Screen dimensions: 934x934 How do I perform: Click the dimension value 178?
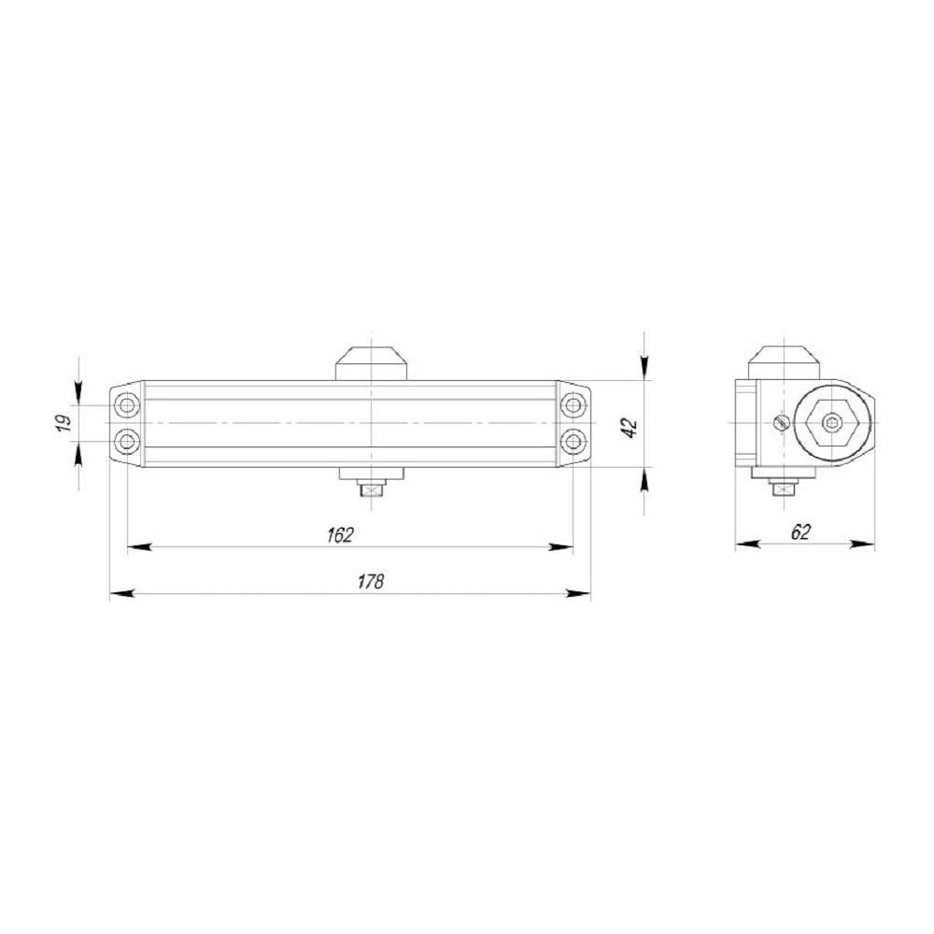[371, 581]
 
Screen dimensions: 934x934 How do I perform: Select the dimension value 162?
[340, 535]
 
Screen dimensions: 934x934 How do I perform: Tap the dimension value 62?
[800, 532]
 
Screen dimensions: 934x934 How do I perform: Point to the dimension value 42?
[630, 429]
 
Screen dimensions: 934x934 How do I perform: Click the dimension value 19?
[64, 423]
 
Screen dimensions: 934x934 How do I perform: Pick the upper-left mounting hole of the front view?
[126, 405]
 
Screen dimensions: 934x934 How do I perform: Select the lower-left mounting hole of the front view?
[126, 442]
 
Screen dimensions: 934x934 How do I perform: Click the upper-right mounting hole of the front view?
[573, 405]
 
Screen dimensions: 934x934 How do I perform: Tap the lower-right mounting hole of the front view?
[573, 442]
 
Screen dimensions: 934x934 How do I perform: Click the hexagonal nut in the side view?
[831, 423]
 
